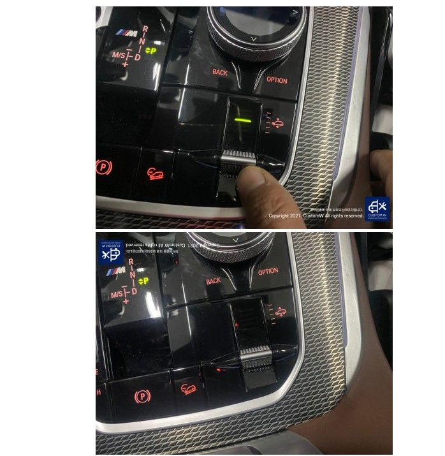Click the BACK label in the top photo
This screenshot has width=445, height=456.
[220, 73]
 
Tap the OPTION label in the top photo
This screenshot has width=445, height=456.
[277, 81]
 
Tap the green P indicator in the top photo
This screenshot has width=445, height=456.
[151, 50]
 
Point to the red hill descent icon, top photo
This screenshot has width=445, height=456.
[154, 172]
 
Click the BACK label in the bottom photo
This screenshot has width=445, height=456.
[213, 281]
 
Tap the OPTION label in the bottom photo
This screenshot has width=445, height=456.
[268, 271]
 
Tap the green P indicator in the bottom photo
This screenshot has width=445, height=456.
[143, 281]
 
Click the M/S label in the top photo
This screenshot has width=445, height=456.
[118, 55]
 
